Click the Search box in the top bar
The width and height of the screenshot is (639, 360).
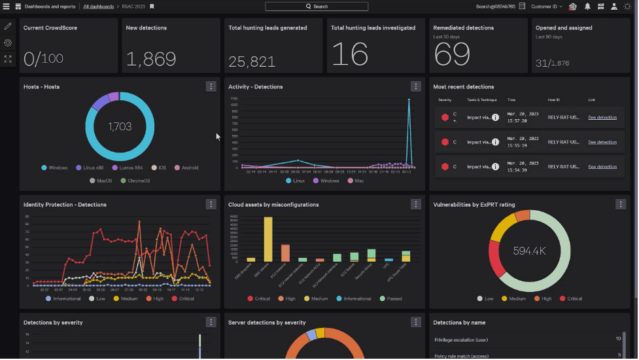click(x=317, y=7)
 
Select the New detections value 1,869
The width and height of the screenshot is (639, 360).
click(x=150, y=60)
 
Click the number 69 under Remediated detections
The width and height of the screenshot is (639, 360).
click(x=452, y=56)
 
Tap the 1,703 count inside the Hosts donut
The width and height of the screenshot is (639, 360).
click(x=120, y=126)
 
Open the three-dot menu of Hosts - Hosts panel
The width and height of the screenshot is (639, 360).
click(x=211, y=86)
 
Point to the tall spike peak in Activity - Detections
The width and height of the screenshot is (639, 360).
click(x=409, y=101)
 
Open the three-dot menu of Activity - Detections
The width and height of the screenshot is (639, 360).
click(x=415, y=86)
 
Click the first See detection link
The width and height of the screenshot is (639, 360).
click(x=602, y=118)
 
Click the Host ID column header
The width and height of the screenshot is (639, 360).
click(x=553, y=100)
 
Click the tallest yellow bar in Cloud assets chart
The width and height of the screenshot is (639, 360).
click(x=268, y=240)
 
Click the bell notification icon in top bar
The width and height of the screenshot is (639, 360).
click(x=587, y=7)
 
